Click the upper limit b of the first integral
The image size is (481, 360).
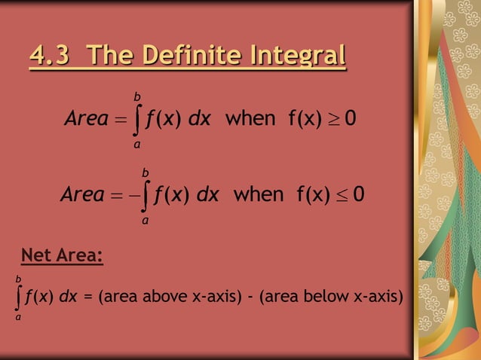136,96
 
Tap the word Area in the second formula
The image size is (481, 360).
82,196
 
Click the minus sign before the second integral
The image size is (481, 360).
132,196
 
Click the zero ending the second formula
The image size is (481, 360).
359,196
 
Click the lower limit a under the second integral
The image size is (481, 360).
145,221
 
